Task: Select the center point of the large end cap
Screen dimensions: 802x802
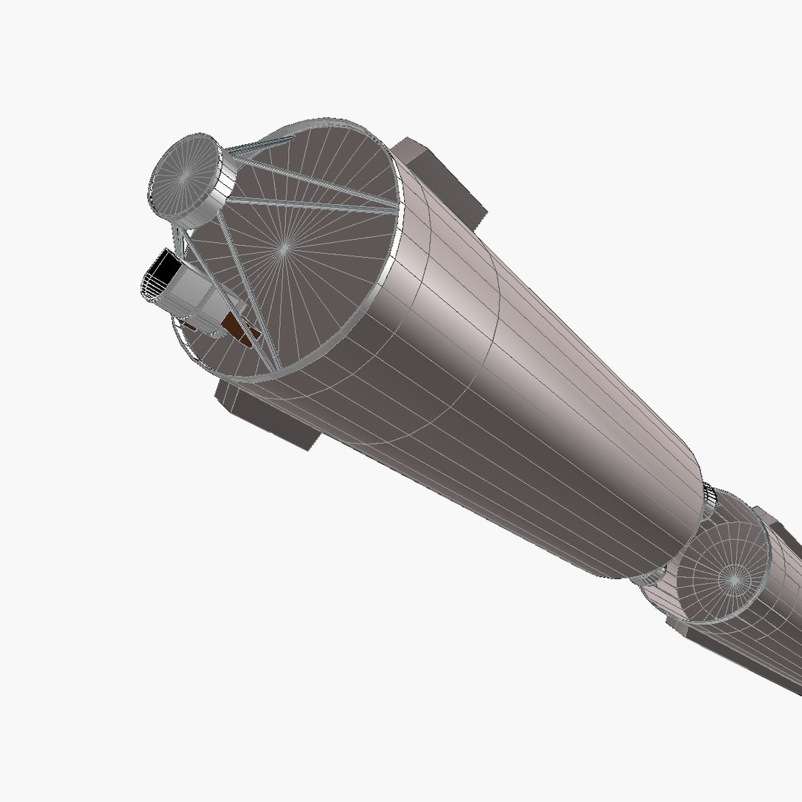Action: coord(282,250)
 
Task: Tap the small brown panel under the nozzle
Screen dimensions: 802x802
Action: coord(191,325)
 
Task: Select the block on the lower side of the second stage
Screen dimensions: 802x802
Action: coord(691,632)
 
